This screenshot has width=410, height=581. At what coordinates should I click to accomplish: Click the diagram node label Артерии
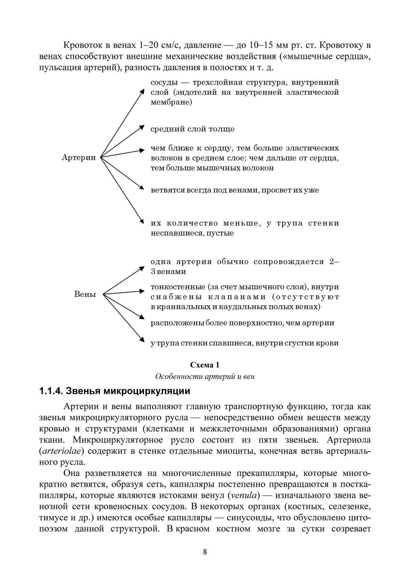[79, 158]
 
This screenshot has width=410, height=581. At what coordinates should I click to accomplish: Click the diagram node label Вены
[85, 294]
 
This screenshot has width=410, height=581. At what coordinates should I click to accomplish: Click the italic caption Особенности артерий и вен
[205, 376]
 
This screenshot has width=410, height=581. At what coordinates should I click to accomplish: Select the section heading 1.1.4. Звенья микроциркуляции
[115, 391]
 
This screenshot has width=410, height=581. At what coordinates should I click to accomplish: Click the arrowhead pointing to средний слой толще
[142, 127]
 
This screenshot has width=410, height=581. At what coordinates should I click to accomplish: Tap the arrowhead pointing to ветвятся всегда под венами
[141, 188]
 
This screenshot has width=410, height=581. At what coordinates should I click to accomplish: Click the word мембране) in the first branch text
[171, 103]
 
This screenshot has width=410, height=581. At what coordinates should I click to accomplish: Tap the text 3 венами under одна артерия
[168, 272]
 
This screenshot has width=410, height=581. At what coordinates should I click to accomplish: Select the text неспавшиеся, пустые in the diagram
[192, 233]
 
